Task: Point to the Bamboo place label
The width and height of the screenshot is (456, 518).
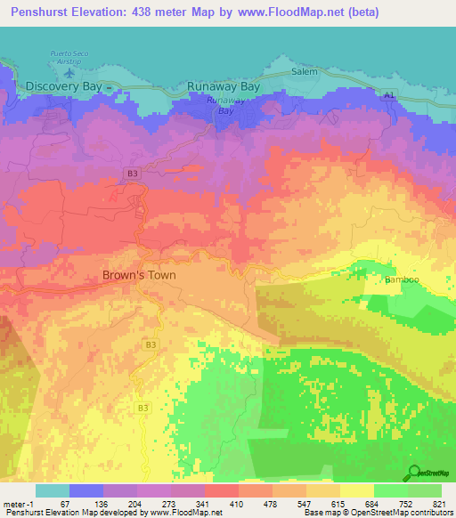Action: tap(401, 280)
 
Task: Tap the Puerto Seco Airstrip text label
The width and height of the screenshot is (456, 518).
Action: tap(70, 55)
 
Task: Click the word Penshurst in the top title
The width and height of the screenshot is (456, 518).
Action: tap(38, 12)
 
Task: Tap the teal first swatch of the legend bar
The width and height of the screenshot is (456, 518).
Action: tap(52, 490)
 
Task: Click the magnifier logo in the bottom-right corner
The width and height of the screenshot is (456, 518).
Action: tap(414, 473)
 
